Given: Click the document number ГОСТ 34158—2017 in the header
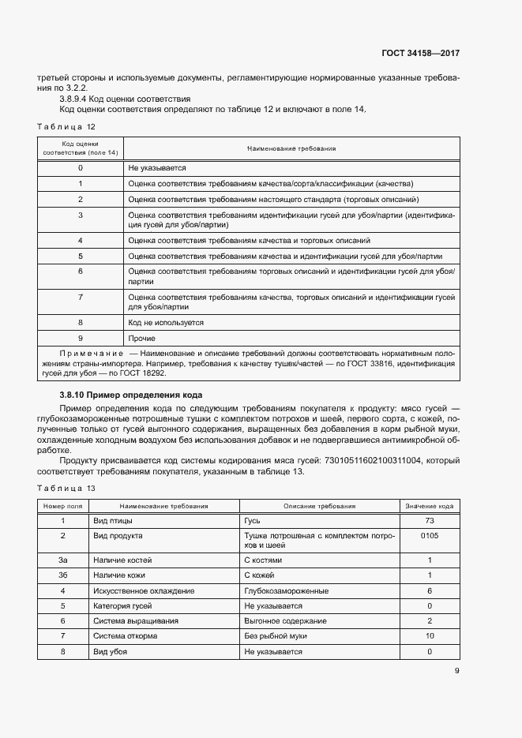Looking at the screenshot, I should pos(420,54).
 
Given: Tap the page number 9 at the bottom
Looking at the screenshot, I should pos(456,671).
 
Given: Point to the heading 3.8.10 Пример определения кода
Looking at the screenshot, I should pos(130,394).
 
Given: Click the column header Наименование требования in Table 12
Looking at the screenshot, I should pos(291,148).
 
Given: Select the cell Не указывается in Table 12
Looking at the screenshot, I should pos(156,168).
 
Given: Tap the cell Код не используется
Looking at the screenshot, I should pos(166,322).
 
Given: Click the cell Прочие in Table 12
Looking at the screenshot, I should pos(141,338).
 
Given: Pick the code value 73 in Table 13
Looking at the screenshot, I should pos(430,522).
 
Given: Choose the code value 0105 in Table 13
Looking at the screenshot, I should pos(430,536).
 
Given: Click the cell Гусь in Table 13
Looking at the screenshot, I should pos(253,522).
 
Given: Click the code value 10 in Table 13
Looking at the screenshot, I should pos(430,636).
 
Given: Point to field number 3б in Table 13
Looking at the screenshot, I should pos(62,575).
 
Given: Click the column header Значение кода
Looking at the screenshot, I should pos(429,506).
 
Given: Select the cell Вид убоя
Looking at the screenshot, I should pos(110,652).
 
